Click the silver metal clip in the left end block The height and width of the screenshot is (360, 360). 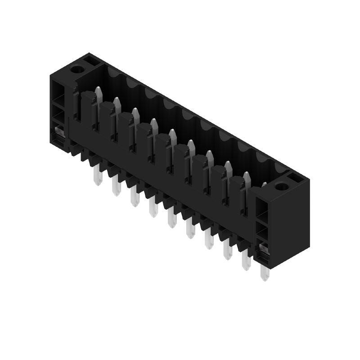click(58, 132)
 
